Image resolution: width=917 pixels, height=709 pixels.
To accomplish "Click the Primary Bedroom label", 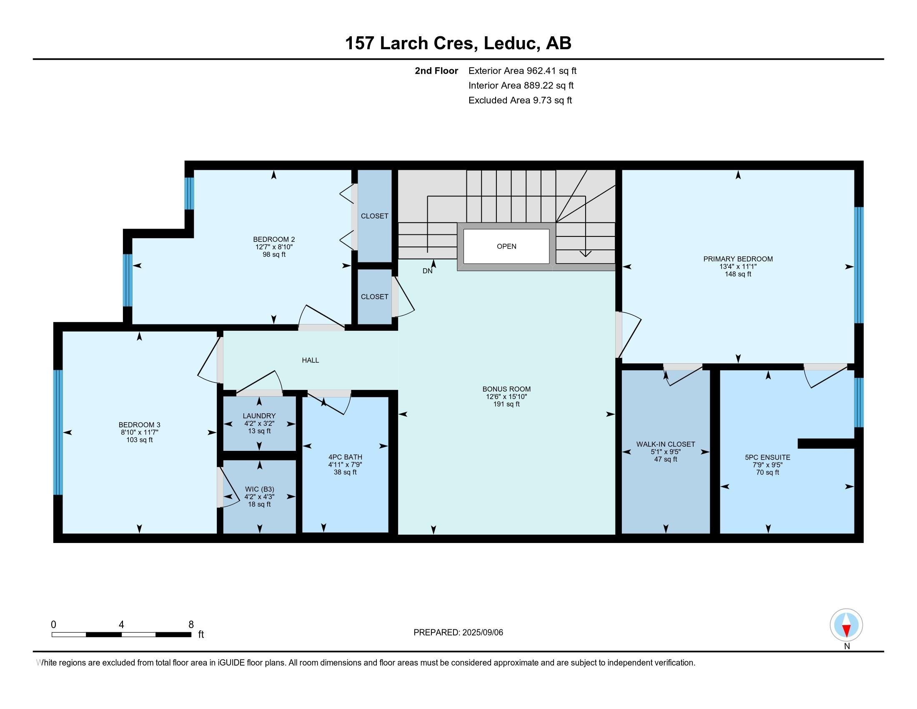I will coord(738,259).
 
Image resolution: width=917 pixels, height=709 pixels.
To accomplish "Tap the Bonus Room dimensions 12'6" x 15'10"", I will coord(506,397).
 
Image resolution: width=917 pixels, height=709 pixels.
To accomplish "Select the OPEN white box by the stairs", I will coord(506,246).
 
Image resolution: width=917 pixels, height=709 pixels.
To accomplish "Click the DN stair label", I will coord(427,272).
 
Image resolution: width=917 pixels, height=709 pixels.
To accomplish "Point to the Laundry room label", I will coord(259,416).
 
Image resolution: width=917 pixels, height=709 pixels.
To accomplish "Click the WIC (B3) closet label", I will coord(259,489).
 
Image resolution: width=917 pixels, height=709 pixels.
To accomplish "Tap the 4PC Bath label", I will coord(345,457).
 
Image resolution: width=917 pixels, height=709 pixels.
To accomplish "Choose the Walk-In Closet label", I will coord(666,445).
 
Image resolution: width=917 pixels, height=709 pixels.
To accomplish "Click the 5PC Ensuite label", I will coord(767,458).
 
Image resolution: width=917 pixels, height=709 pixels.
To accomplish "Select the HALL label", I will coord(310,360).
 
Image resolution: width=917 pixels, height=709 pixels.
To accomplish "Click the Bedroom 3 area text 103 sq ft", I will coord(139,440).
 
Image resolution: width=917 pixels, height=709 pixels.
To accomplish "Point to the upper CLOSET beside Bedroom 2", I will coord(375,216).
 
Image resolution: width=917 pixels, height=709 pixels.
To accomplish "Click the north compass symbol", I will coord(846,625).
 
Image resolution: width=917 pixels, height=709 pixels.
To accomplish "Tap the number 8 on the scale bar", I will coord(191,625).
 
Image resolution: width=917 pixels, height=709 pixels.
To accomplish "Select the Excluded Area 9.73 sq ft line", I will coord(520,101).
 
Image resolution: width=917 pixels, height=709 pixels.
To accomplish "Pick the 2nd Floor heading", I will coord(436,71).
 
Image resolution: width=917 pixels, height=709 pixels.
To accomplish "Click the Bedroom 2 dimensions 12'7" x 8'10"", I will coord(274,247).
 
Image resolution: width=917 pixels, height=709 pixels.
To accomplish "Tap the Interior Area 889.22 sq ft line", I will coord(521,85).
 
